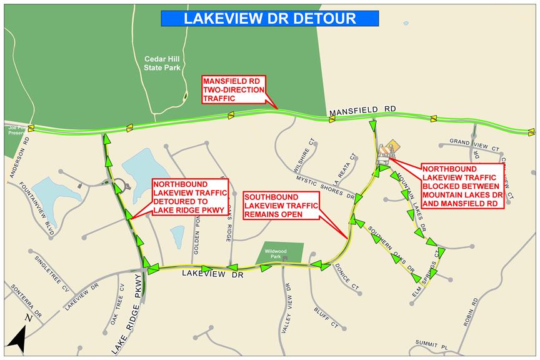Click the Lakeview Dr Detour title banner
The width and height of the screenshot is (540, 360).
(x=269, y=18)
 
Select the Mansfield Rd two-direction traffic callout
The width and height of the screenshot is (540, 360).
(x=233, y=89)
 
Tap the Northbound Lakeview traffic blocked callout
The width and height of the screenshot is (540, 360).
(x=461, y=186)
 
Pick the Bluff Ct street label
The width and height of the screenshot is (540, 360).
(x=326, y=316)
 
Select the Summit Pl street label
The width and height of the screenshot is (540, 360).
(x=432, y=344)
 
